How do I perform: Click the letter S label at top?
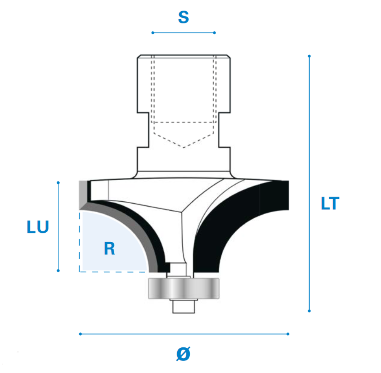tap(183, 17)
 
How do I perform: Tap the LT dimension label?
tap(330, 203)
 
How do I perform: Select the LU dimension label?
tap(38, 227)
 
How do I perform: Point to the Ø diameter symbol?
tap(183, 354)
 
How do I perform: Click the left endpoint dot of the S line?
tap(153, 33)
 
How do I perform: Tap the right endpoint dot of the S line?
tap(214, 33)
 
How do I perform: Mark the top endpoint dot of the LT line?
tap(309, 56)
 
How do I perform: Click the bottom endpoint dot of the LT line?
tap(309, 311)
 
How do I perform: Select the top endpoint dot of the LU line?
tap(58, 183)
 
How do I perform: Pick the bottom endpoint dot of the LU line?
tap(58, 270)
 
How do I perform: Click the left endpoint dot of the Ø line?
tap(80, 334)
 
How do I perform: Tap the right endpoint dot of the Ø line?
tap(288, 334)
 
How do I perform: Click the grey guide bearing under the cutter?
tap(184, 288)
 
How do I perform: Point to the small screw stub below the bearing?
tap(183, 307)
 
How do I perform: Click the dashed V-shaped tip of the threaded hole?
tap(183, 147)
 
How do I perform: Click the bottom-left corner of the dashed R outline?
tap(80, 272)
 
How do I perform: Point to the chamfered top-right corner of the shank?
tap(229, 56)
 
